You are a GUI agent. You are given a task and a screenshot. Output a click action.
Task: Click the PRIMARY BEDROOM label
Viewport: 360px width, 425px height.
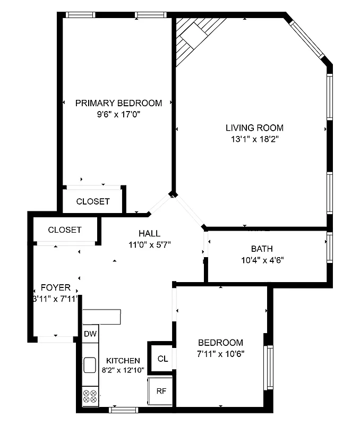click(118, 103)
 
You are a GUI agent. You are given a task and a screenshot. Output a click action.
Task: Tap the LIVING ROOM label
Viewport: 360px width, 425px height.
click(254, 128)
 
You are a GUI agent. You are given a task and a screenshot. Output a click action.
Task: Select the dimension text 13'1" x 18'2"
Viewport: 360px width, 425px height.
click(253, 140)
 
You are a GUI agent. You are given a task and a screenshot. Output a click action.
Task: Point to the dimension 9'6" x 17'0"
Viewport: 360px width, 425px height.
click(118, 114)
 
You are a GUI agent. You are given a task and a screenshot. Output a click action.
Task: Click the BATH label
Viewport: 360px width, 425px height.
click(262, 249)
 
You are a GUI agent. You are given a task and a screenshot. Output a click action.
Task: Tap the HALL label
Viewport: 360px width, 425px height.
click(149, 233)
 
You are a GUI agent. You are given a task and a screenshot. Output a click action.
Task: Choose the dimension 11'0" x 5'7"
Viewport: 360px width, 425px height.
click(149, 245)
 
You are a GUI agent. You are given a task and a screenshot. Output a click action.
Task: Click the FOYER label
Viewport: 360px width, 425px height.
click(55, 287)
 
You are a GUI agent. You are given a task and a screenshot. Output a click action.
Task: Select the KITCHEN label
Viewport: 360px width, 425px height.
click(123, 361)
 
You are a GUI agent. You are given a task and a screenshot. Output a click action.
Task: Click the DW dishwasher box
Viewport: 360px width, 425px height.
click(90, 334)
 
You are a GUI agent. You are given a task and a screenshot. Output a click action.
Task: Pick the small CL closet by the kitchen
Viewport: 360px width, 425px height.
click(162, 359)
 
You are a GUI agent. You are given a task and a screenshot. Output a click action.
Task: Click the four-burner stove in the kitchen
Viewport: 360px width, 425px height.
click(90, 396)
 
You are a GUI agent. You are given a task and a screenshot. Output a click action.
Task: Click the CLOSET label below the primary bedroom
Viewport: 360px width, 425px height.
click(93, 201)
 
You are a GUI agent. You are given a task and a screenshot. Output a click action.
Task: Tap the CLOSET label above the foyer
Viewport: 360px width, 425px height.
click(65, 230)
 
